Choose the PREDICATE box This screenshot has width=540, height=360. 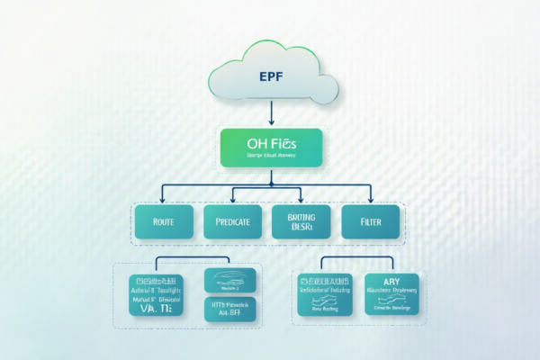tap(232, 220)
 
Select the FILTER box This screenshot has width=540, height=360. tap(369, 220)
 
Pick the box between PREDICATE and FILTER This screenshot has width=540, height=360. tap(301, 220)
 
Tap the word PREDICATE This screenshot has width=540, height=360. tap(232, 220)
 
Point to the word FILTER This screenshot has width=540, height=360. tap(369, 220)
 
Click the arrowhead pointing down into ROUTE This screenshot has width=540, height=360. tap(163, 198)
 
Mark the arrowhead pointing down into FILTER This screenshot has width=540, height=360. tap(369, 198)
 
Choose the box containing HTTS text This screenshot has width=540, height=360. tap(231, 309)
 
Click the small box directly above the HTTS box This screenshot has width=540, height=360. tap(231, 279)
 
